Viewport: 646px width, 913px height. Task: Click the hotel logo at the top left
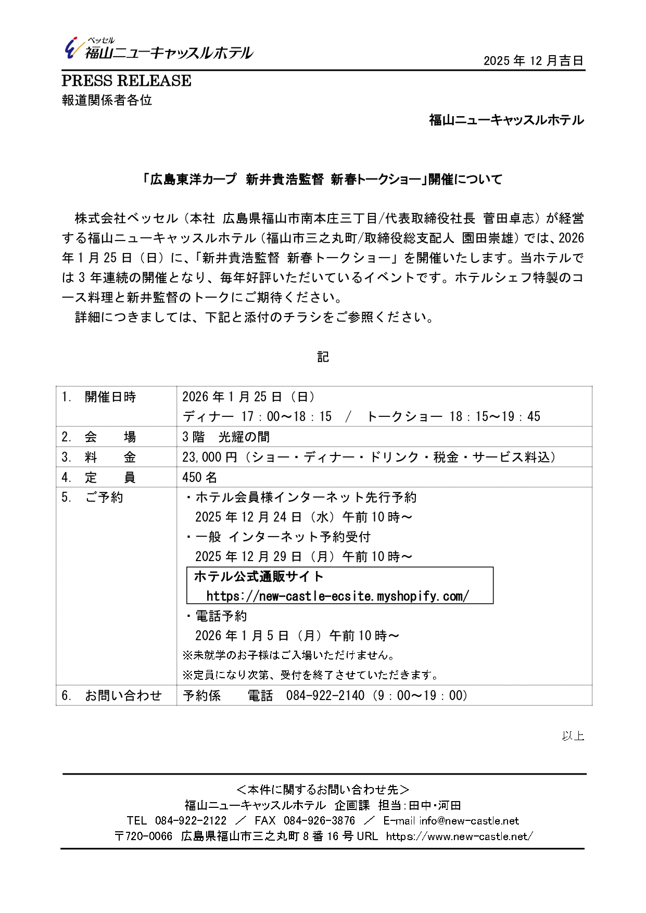(x=158, y=49)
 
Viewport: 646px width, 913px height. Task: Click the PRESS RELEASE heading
(x=126, y=81)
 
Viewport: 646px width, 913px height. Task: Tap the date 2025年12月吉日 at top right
(x=533, y=61)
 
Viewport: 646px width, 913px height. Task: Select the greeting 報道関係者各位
(x=107, y=100)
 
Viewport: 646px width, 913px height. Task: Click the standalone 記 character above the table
(x=323, y=357)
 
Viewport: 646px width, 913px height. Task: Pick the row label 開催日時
(x=110, y=397)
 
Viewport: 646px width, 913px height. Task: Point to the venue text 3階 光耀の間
(x=226, y=437)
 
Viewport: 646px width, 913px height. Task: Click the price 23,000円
(x=209, y=457)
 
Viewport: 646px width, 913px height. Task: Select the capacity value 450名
(x=199, y=477)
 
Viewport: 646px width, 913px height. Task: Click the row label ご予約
(x=104, y=497)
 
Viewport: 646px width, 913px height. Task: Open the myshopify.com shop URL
(x=337, y=596)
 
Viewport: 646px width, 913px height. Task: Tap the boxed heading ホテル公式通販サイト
(x=259, y=576)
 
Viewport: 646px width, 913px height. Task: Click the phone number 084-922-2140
(x=325, y=695)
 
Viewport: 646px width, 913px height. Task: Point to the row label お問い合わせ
(x=123, y=695)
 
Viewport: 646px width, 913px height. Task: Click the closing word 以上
(x=573, y=736)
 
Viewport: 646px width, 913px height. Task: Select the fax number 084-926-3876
(x=319, y=821)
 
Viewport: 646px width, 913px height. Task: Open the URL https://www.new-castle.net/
(x=460, y=836)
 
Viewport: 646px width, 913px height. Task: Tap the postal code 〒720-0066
(x=143, y=836)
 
